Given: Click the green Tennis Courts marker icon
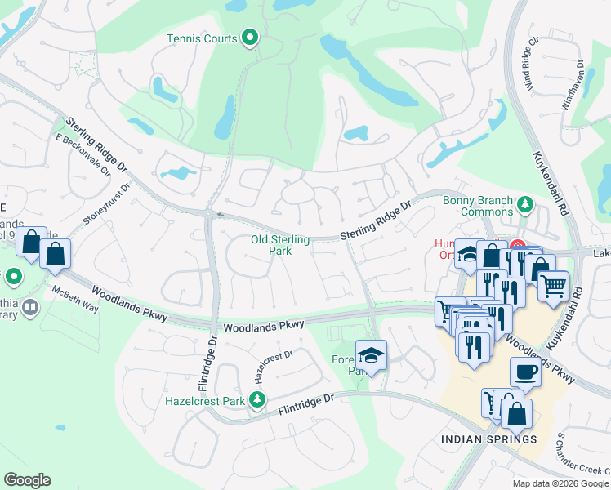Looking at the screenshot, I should pyautogui.click(x=251, y=38).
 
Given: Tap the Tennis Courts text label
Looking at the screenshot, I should pyautogui.click(x=202, y=38).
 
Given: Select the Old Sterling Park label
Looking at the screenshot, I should pyautogui.click(x=280, y=245).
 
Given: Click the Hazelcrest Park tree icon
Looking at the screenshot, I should pyautogui.click(x=257, y=400).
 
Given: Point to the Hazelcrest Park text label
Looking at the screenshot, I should pyautogui.click(x=204, y=400).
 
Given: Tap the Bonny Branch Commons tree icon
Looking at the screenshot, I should pyautogui.click(x=526, y=202).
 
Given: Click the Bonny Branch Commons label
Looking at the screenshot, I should pyautogui.click(x=478, y=207).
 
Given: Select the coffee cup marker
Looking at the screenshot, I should pyautogui.click(x=525, y=372).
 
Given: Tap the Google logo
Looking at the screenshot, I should pyautogui.click(x=27, y=480).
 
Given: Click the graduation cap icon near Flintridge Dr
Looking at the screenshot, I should pyautogui.click(x=371, y=355).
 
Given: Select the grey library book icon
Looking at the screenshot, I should pyautogui.click(x=29, y=308).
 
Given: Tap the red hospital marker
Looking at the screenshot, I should pyautogui.click(x=518, y=245).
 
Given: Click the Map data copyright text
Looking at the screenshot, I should pyautogui.click(x=560, y=483).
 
